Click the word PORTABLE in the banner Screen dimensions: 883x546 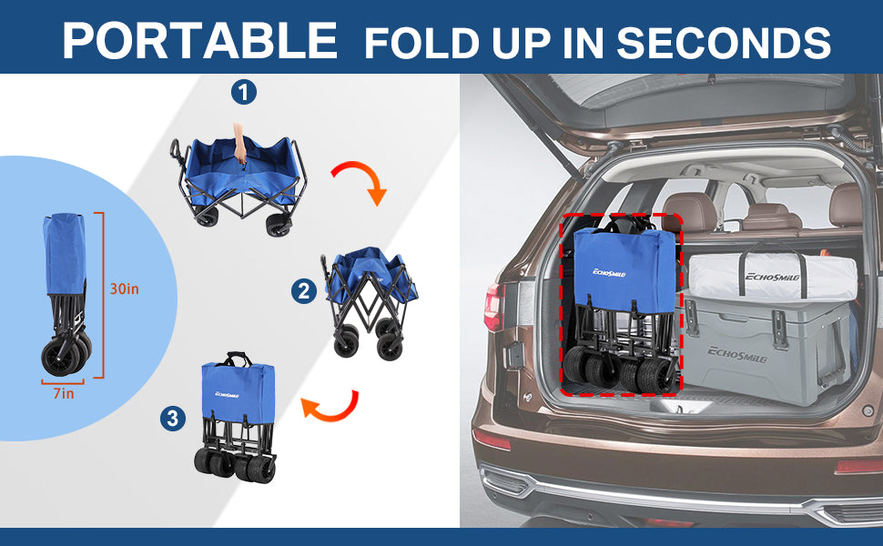pos(200,40)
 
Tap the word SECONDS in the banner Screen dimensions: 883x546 pos(724,42)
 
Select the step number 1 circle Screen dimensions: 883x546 pos(244,92)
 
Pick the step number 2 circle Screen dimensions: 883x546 pos(304,291)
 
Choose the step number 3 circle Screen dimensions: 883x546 pos(173,419)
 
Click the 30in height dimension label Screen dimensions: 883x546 pos(124,288)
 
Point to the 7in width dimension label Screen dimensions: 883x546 pos(64,393)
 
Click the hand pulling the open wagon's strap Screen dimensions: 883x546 pos(239,144)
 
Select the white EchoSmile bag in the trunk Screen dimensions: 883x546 pos(773,276)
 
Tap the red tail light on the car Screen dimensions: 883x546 pos(494,308)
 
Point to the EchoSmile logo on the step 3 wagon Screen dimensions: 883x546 pos(227,395)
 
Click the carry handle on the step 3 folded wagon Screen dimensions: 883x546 pos(238,358)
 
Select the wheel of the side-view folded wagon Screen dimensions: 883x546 pos(60,357)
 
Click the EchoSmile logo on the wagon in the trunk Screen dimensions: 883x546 pos(609,273)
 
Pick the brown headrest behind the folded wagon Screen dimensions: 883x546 pos(689,212)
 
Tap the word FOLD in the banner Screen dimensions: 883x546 pos(421,42)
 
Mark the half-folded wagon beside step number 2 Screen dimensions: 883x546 pos(370,303)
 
